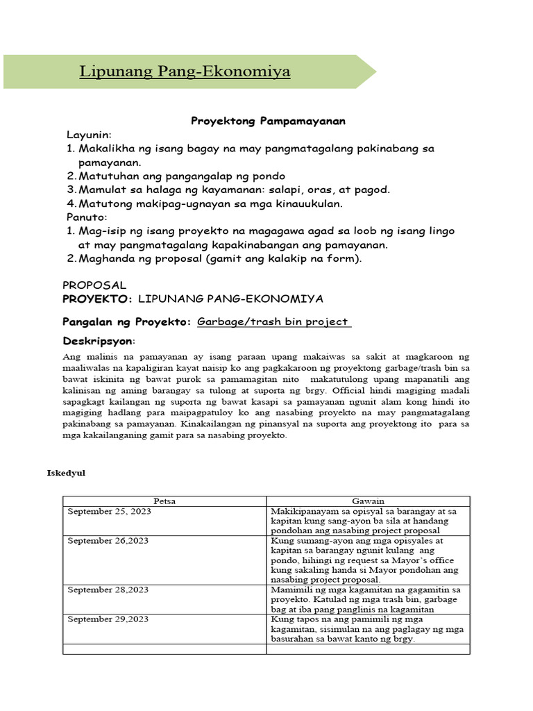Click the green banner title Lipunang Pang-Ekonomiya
pyautogui.click(x=184, y=72)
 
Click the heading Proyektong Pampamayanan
pyautogui.click(x=268, y=121)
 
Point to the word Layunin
pyautogui.click(x=88, y=134)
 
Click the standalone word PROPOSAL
pyautogui.click(x=94, y=285)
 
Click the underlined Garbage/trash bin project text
pyautogui.click(x=273, y=322)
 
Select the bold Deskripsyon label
pyautogui.click(x=99, y=342)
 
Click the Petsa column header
pyautogui.click(x=164, y=501)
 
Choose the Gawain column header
pyautogui.click(x=368, y=501)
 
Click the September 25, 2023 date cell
pyautogui.click(x=109, y=511)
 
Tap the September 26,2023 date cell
pyautogui.click(x=108, y=540)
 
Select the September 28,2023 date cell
pyautogui.click(x=108, y=589)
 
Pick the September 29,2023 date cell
pyautogui.click(x=108, y=619)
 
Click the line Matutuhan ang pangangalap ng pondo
pyautogui.click(x=182, y=176)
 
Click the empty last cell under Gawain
pyautogui.click(x=368, y=649)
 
